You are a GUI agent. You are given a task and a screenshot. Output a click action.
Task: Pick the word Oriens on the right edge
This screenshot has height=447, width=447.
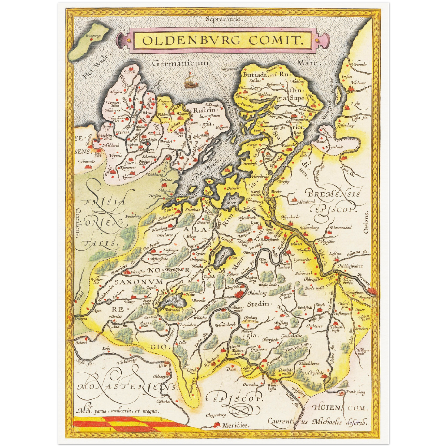[x=366, y=222]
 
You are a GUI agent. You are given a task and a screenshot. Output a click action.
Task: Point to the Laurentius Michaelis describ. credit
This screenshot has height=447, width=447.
[x=317, y=422]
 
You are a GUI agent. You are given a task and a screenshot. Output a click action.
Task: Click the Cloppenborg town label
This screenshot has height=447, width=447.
[x=216, y=415]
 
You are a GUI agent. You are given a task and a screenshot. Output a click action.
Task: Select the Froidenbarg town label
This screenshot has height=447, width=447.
[x=355, y=392]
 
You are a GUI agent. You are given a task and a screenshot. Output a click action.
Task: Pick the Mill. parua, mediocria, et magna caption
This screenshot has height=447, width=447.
[x=118, y=411]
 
